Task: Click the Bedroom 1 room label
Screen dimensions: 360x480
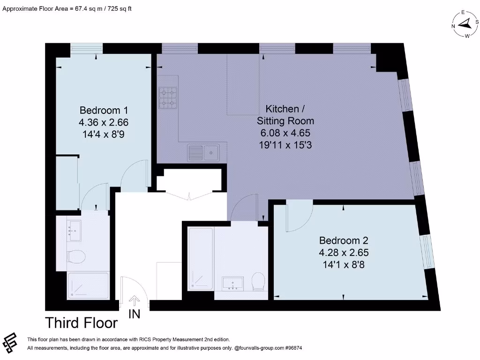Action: (104, 111)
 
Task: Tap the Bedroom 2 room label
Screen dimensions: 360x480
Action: (344, 240)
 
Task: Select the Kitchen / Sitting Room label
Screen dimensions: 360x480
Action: (285, 115)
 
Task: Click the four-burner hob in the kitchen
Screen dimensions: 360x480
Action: (167, 98)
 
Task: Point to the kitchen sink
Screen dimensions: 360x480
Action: (203, 152)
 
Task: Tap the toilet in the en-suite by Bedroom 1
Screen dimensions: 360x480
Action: (76, 257)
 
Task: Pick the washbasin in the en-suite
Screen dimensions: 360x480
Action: (74, 231)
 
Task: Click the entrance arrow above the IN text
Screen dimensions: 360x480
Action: (135, 300)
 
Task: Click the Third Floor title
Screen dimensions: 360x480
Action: (81, 323)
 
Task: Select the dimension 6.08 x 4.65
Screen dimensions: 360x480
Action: (285, 133)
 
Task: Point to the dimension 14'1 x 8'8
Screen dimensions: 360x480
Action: (344, 264)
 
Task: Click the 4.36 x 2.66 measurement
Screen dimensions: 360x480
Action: (104, 122)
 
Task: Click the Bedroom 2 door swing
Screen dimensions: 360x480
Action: (298, 217)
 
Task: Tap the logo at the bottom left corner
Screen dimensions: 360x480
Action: (10, 344)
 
